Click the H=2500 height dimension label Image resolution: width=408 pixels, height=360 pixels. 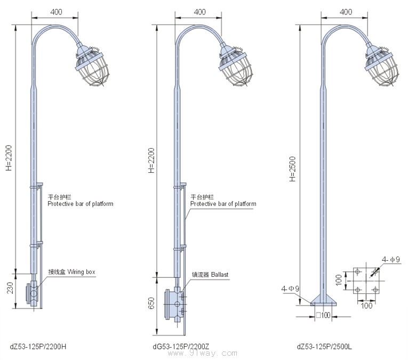293,169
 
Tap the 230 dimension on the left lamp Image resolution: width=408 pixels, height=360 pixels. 10,287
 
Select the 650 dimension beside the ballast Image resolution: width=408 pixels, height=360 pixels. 151,303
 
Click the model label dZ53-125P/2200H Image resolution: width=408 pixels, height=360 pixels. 38,347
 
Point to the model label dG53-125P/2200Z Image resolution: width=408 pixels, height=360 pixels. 181,347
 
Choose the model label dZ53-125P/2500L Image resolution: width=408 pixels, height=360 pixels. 324,347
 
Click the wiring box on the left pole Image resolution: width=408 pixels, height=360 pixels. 33,293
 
